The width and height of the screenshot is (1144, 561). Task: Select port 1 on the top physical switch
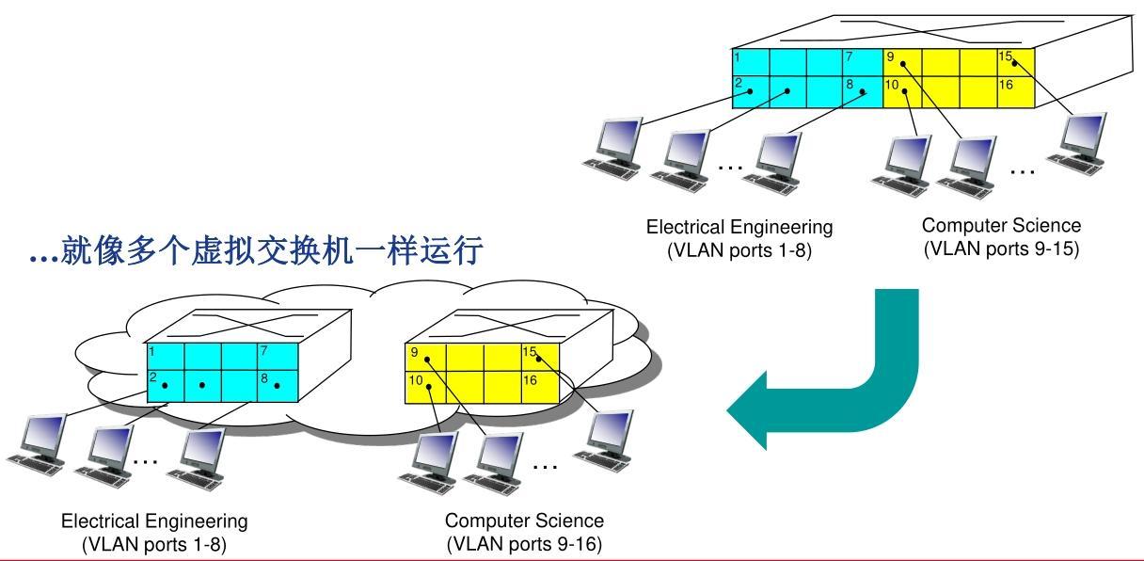tap(751, 62)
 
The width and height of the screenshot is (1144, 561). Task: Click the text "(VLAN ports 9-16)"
tap(524, 544)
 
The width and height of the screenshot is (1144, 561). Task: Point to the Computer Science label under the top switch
tap(1001, 226)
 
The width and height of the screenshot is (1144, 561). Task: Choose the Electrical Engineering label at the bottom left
tap(154, 521)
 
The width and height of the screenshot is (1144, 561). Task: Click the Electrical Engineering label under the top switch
tap(739, 227)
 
